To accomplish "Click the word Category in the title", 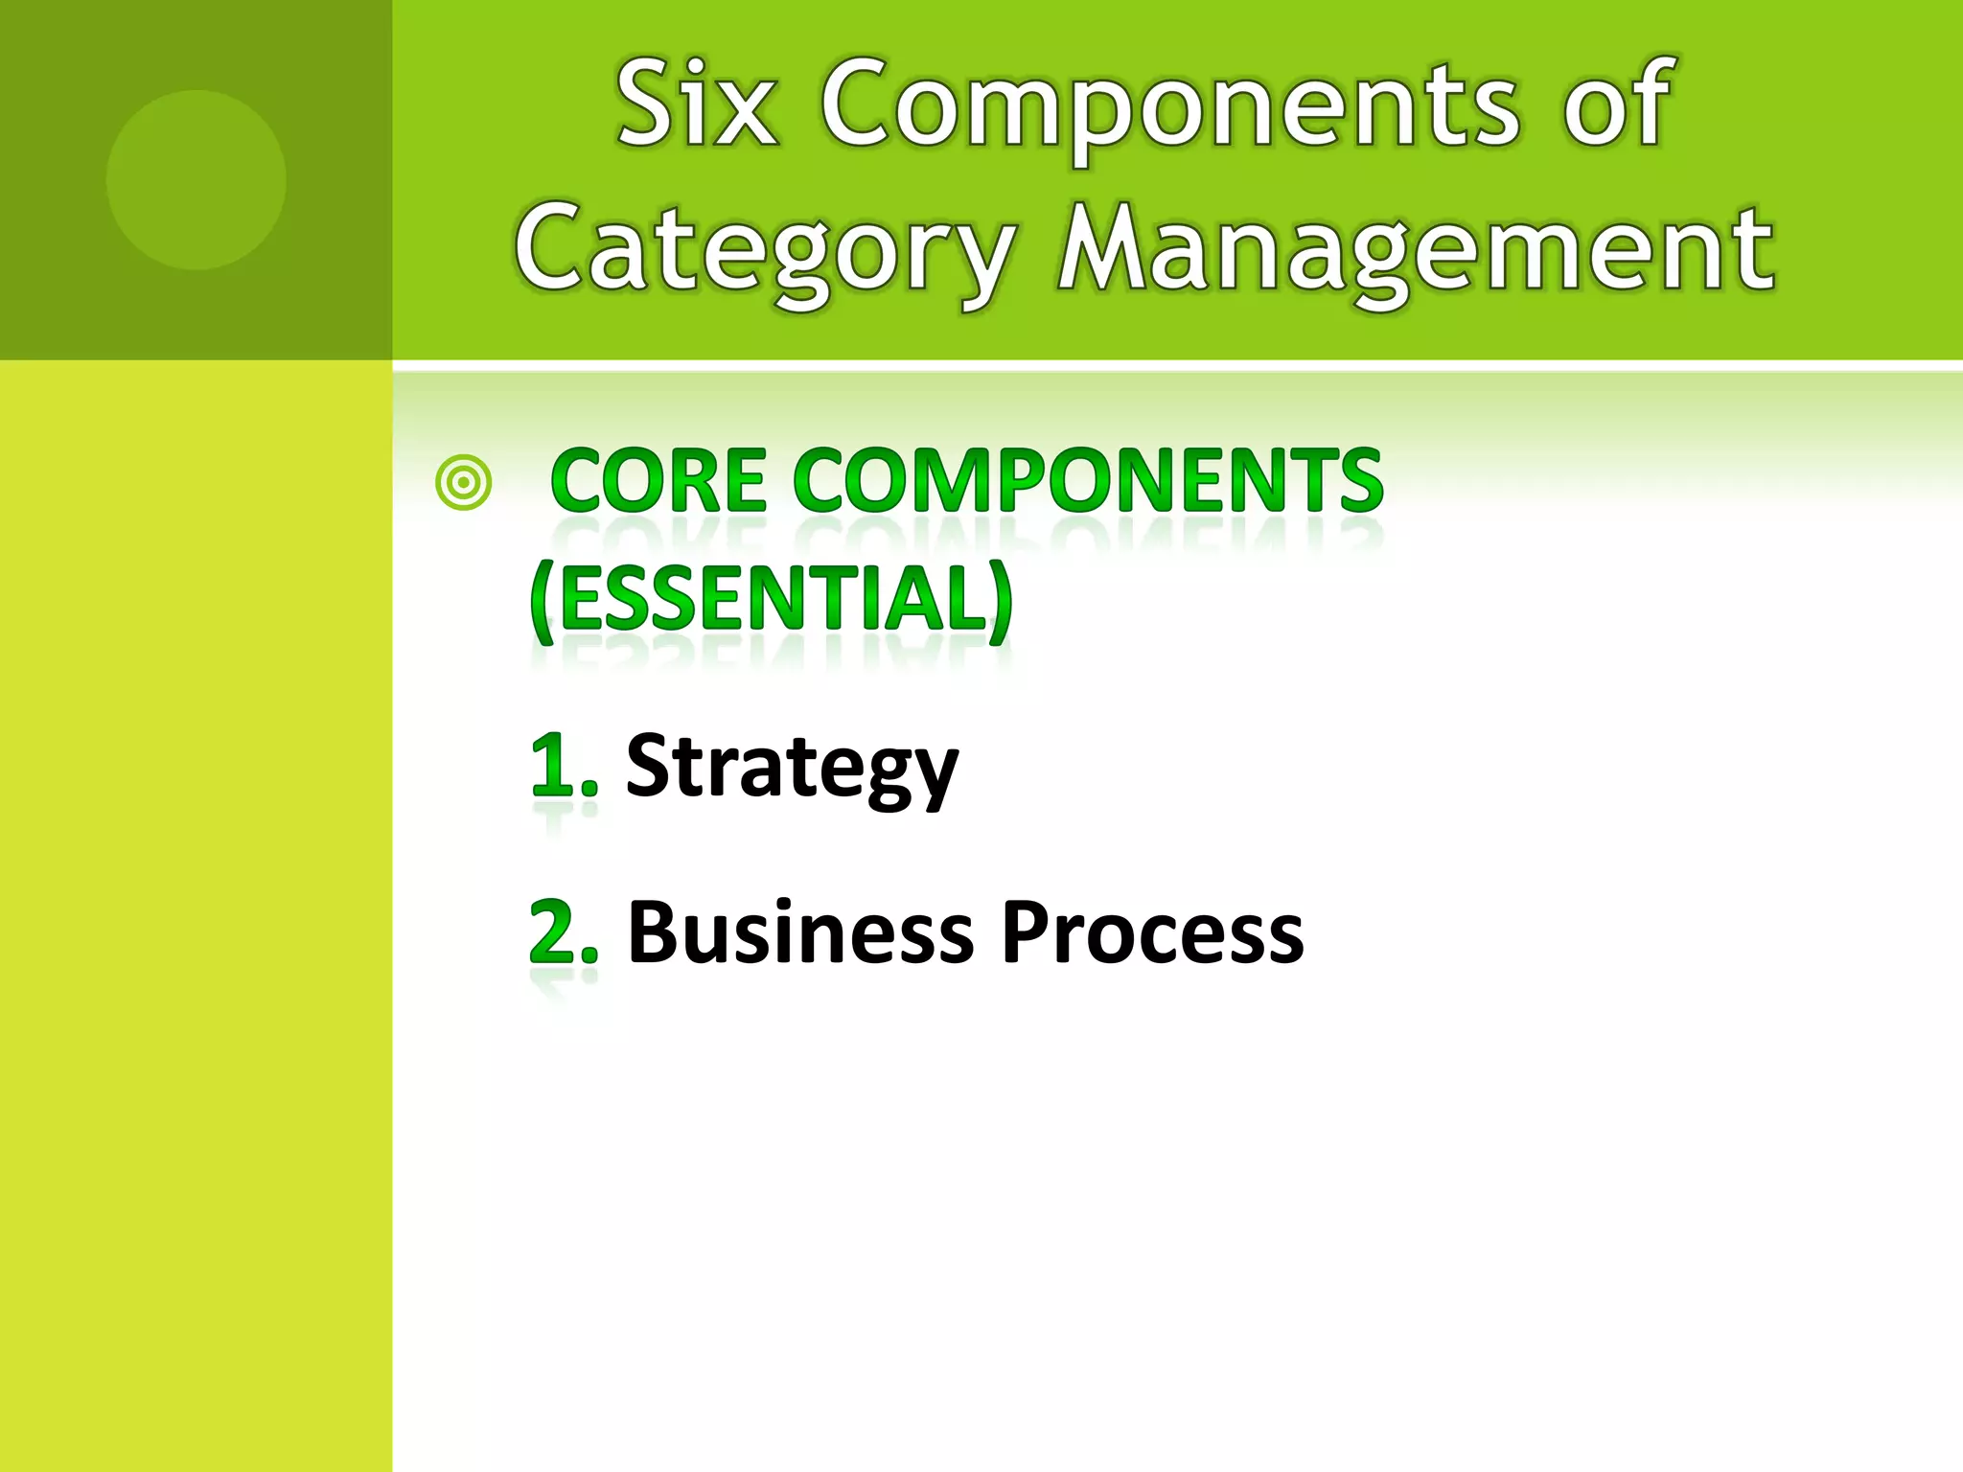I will pyautogui.click(x=765, y=251).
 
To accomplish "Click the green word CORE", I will pyautogui.click(x=659, y=481).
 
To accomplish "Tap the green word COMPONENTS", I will pyautogui.click(x=1088, y=481).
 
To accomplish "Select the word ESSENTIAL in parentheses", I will pyautogui.click(x=773, y=600).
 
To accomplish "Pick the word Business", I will pyautogui.click(x=800, y=932).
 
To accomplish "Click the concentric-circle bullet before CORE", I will pyautogui.click(x=464, y=483).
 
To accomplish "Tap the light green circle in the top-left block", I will pyautogui.click(x=196, y=179).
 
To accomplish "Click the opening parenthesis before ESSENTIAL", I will pyautogui.click(x=543, y=602).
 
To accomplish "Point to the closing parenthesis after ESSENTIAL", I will pyautogui.click(x=1001, y=602).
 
